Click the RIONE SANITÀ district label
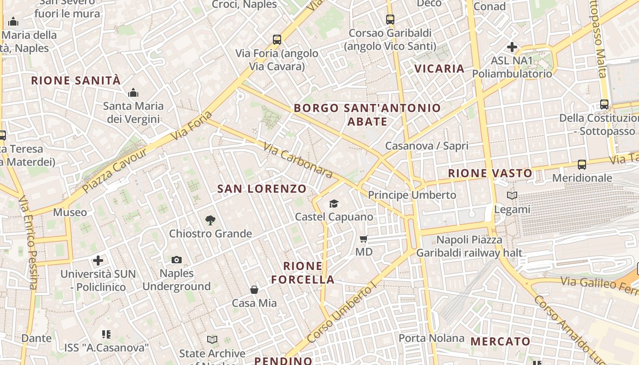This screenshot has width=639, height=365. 76,81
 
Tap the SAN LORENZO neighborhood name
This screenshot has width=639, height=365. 262,189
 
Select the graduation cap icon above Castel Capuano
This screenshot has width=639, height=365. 334,203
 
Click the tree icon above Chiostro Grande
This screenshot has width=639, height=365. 210,220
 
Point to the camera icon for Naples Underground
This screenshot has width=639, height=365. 177,260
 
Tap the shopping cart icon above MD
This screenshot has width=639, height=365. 364,239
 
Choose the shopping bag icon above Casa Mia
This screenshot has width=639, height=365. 254,290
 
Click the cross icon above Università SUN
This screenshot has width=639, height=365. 98,261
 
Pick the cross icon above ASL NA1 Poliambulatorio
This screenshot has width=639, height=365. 512,47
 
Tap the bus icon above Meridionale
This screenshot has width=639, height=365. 582,165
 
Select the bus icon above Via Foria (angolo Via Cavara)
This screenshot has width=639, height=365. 277,40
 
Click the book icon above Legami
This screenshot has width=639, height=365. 512,196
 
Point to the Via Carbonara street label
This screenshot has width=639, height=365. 298,160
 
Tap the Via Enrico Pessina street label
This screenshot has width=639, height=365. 27,242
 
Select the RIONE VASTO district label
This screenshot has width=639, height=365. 490,173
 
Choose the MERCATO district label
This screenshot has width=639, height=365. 500,341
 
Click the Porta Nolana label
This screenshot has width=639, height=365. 431,338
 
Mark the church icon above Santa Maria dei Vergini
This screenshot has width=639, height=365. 133,93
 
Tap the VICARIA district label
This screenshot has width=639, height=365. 439,69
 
